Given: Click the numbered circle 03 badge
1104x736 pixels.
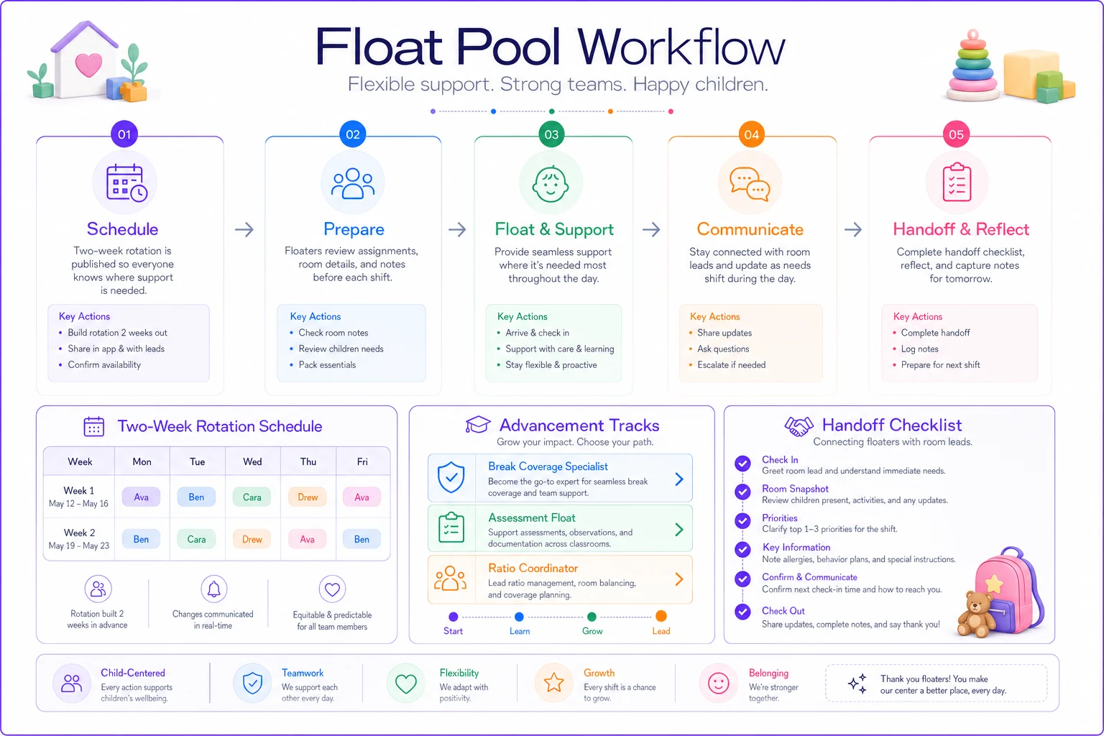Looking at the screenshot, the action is coord(551,134).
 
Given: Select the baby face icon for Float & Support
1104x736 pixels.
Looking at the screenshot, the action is coord(551,184).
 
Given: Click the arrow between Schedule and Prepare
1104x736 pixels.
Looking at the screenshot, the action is coord(244,229).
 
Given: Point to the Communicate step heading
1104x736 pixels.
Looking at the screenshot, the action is coord(750,229).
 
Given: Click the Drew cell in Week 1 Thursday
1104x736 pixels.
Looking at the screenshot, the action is coord(308,497).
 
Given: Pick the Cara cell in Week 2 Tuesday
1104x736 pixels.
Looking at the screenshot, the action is coord(196,539).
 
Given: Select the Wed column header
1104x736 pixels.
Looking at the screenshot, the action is coord(252,461).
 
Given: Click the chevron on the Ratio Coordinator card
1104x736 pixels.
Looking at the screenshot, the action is coord(679,579).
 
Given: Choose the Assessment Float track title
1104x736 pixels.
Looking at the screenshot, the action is coord(531,517).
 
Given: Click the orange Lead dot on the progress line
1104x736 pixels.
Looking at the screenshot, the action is coord(661,616).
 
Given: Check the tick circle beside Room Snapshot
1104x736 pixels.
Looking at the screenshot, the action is coord(742,492).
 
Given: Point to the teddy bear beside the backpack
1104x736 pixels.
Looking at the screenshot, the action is coord(975,615).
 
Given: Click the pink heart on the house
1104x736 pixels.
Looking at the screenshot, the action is coord(88,65).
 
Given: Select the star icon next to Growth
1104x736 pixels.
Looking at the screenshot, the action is coord(553,683).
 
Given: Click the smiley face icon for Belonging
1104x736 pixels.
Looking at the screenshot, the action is coord(718,684).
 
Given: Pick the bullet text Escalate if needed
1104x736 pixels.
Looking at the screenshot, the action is coord(732,365).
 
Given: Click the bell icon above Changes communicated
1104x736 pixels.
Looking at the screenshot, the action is coord(214,589).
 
